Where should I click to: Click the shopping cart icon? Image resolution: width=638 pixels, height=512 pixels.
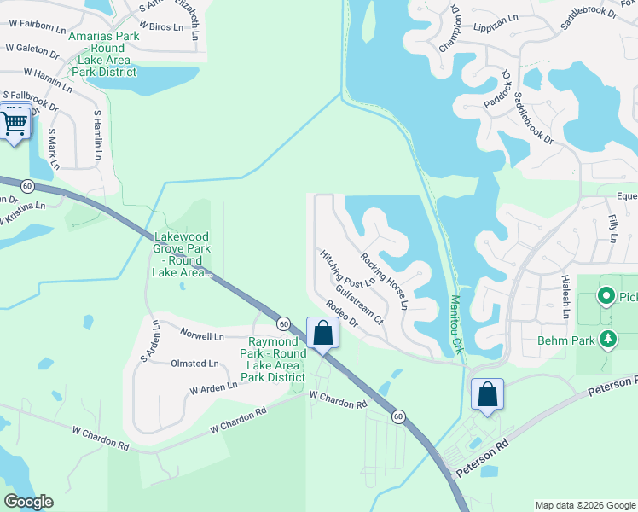point(14,124)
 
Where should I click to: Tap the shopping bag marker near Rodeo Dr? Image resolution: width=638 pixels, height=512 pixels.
point(322,334)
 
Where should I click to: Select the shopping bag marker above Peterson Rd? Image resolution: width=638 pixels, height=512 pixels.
point(487,395)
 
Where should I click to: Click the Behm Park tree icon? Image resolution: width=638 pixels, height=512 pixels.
point(607,340)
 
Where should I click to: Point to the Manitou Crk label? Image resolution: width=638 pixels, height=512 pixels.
point(455,324)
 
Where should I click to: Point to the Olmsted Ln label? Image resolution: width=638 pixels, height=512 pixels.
point(194,364)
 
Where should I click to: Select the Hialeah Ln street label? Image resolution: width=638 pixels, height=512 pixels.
point(565,296)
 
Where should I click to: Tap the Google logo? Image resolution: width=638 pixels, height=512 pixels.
point(28,502)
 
